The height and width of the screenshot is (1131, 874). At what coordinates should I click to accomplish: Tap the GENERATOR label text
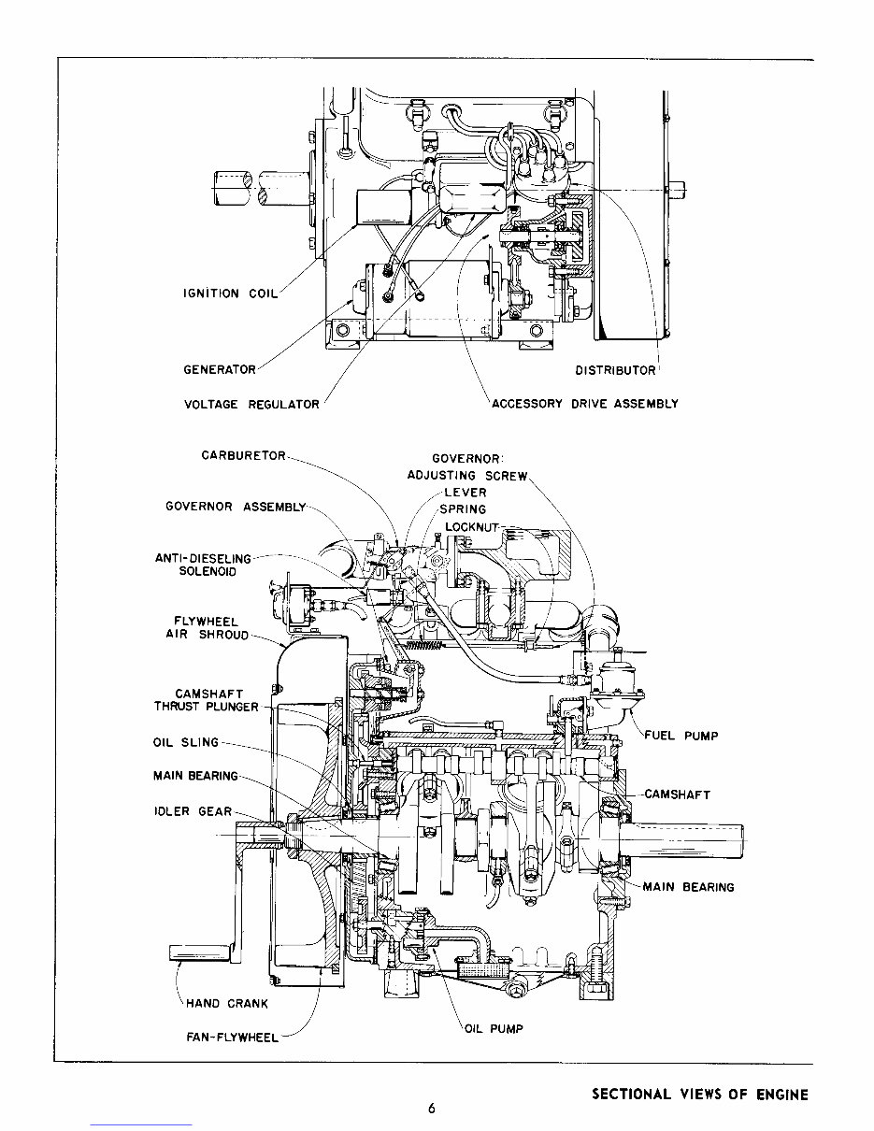(x=220, y=370)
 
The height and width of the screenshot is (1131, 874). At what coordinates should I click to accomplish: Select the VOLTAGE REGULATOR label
(x=252, y=405)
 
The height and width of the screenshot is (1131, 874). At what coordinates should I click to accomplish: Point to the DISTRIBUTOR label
(x=615, y=371)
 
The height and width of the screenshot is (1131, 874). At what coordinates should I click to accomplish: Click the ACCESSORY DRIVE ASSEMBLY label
(x=585, y=405)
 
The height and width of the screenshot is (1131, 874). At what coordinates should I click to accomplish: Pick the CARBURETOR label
(x=244, y=456)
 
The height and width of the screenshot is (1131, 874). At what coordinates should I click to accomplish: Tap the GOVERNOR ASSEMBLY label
(x=236, y=508)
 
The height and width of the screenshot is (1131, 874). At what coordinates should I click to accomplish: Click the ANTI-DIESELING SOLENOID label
(x=203, y=565)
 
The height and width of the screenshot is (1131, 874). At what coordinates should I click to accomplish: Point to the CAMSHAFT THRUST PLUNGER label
(x=206, y=700)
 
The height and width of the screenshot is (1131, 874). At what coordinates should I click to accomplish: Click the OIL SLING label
(x=185, y=743)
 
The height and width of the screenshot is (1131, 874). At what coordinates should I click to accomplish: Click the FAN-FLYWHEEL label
(x=232, y=1038)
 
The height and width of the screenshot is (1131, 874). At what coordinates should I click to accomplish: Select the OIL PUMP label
(x=494, y=1029)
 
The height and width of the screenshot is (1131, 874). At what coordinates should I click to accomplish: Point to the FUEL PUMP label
(x=681, y=736)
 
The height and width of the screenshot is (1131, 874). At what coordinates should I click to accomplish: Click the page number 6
(x=432, y=1110)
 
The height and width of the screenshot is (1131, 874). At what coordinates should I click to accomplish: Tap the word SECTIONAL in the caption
(x=631, y=1095)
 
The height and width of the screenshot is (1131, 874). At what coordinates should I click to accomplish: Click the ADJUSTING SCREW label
(x=467, y=476)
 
